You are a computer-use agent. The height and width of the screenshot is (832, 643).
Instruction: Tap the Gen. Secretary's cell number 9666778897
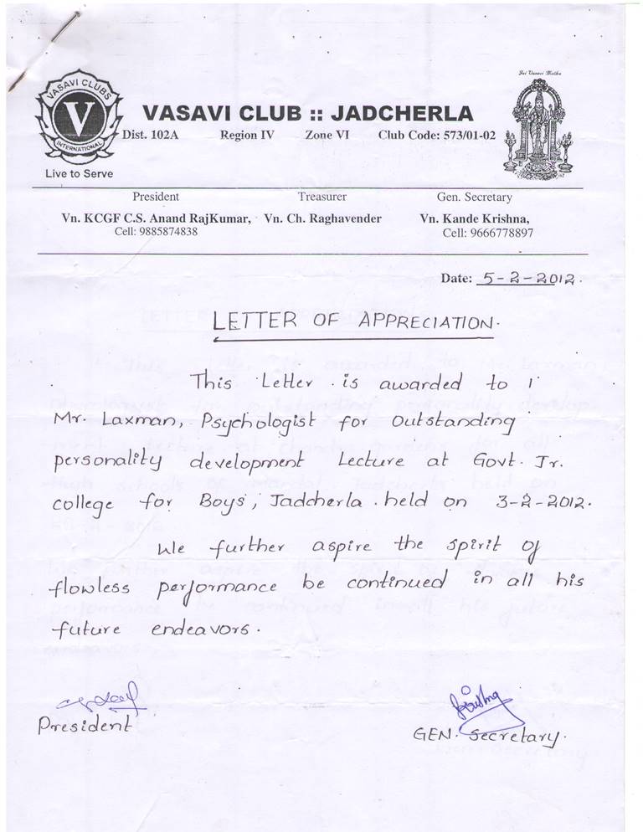487,233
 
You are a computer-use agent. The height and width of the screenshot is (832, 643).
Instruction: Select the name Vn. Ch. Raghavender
322,218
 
